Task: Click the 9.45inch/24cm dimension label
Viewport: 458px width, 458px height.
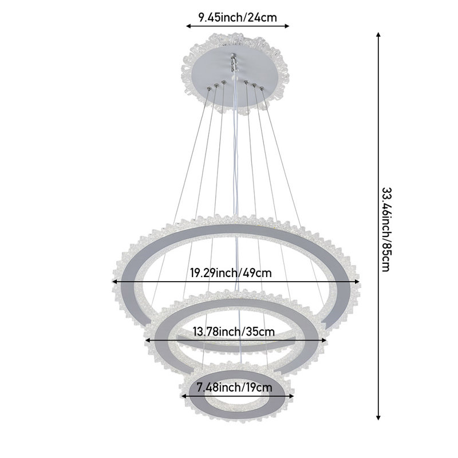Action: tap(238, 18)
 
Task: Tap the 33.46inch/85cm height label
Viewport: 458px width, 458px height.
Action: tap(386, 230)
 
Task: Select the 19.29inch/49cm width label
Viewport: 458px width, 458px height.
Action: tap(231, 273)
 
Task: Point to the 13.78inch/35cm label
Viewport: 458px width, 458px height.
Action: tap(234, 332)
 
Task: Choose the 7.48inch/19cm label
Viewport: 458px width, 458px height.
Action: tap(235, 388)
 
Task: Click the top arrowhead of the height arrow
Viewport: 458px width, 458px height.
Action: tap(378, 34)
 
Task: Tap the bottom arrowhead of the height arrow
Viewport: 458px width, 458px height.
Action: tap(378, 418)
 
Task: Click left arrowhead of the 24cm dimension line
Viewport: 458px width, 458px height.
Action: tap(189, 26)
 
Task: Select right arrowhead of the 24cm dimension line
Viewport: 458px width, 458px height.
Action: tap(287, 26)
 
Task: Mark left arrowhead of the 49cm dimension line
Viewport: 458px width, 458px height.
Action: tap(115, 282)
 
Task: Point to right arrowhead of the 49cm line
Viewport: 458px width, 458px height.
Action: tap(357, 282)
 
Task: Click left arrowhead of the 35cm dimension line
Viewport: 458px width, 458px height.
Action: tap(148, 340)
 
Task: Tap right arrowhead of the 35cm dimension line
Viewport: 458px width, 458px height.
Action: tap(323, 340)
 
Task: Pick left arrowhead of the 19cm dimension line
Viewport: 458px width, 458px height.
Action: tap(184, 396)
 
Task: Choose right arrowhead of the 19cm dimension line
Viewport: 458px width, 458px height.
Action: tap(291, 396)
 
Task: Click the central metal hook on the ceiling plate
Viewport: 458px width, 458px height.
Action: tap(233, 62)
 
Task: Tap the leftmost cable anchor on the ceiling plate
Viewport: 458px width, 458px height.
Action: tap(209, 88)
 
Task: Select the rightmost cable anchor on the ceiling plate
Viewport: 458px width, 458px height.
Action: tap(262, 88)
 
